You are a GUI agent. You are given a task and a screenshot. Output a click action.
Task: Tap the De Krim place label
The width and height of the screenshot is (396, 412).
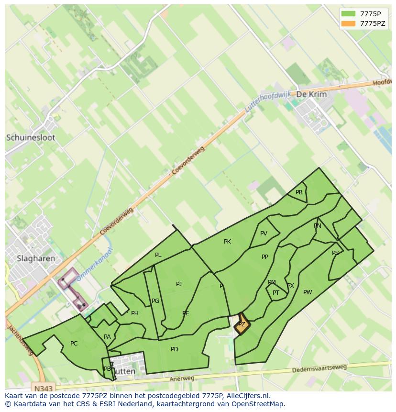pyautogui.click(x=311, y=94)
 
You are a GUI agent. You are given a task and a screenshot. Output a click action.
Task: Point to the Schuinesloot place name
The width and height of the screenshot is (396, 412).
pyautogui.click(x=31, y=137)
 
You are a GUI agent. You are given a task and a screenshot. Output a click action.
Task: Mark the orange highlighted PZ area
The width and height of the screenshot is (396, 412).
pyautogui.click(x=242, y=325)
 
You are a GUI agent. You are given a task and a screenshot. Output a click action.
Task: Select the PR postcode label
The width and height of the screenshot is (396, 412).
pyautogui.click(x=299, y=192)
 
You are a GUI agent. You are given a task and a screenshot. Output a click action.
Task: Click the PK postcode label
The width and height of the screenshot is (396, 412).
pyautogui.click(x=227, y=242)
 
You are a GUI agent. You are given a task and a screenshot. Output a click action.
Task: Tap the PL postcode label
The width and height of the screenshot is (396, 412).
pyautogui.click(x=158, y=255)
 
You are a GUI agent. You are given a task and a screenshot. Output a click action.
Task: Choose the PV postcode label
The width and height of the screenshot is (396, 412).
pyautogui.click(x=264, y=234)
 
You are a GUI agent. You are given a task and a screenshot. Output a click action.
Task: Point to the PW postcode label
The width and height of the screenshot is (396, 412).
pyautogui.click(x=308, y=292)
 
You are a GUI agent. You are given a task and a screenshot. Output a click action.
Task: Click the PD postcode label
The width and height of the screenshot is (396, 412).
pyautogui.click(x=175, y=349)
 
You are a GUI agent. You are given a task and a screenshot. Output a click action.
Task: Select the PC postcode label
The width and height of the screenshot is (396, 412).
pyautogui.click(x=74, y=344)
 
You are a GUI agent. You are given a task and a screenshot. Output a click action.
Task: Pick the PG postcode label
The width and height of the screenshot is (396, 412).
pyautogui.click(x=155, y=301)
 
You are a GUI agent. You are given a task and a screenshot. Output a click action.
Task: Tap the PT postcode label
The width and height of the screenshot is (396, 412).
pyautogui.click(x=276, y=293)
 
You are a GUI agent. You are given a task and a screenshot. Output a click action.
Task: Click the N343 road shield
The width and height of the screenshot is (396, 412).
pyautogui.click(x=44, y=387)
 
